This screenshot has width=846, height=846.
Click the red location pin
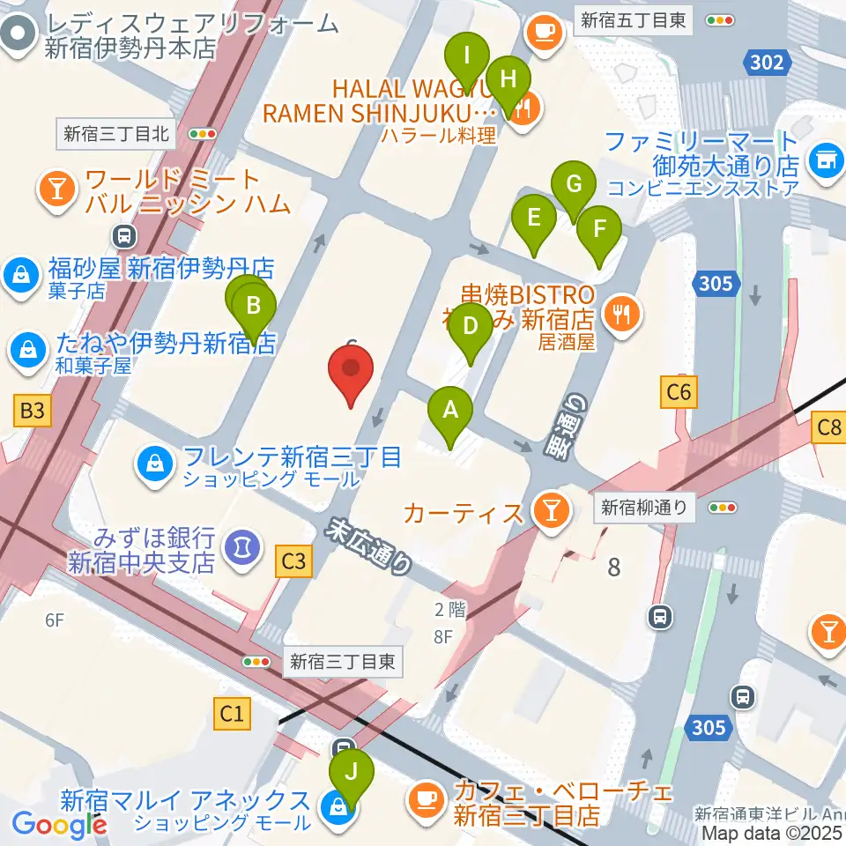[351, 371]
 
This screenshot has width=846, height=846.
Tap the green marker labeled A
[450, 412]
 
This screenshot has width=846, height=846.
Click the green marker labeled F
[599, 232]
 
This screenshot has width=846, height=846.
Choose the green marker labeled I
[467, 60]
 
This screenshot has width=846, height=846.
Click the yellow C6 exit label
[679, 391]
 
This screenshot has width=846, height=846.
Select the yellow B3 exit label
[31, 409]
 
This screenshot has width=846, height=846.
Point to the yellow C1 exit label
[232, 713]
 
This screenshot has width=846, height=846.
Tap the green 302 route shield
[767, 61]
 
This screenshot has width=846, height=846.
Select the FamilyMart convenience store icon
[826, 160]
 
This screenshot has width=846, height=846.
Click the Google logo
[59, 824]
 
